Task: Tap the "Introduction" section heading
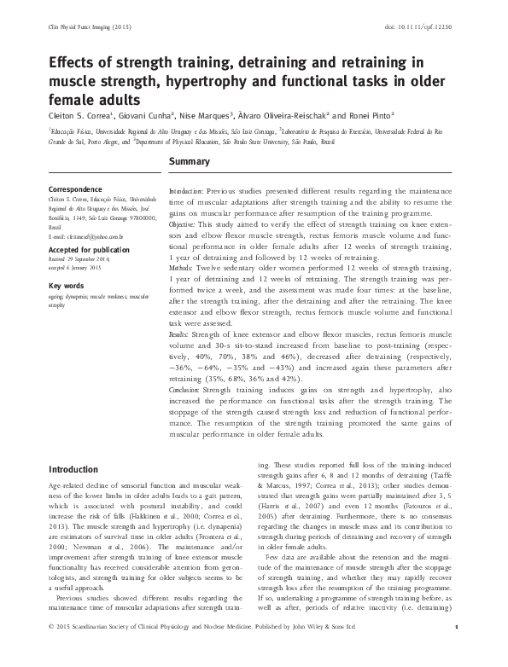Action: (x=75, y=469)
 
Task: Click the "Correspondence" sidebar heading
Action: (x=76, y=187)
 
